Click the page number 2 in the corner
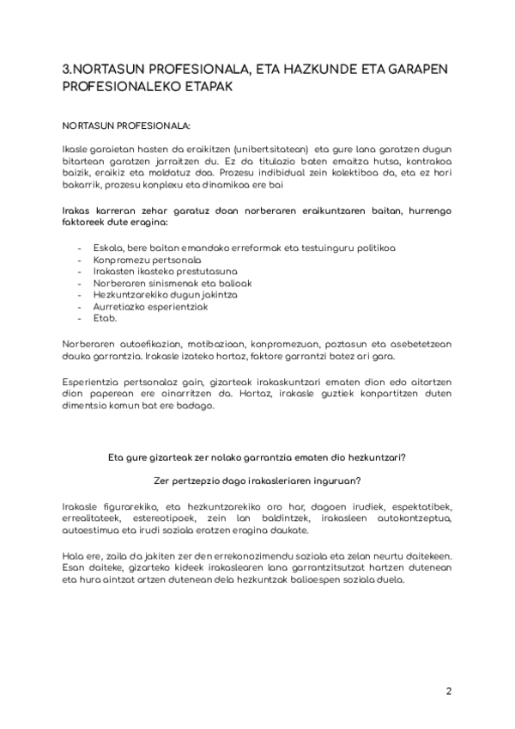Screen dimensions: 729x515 pos(448,690)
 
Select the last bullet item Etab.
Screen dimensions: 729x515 pos(104,317)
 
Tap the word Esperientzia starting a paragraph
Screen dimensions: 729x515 pos(95,381)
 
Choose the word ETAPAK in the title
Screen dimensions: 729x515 pos(200,87)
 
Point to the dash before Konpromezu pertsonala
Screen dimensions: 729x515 pos(80,259)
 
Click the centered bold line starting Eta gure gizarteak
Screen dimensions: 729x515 pos(257,458)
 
